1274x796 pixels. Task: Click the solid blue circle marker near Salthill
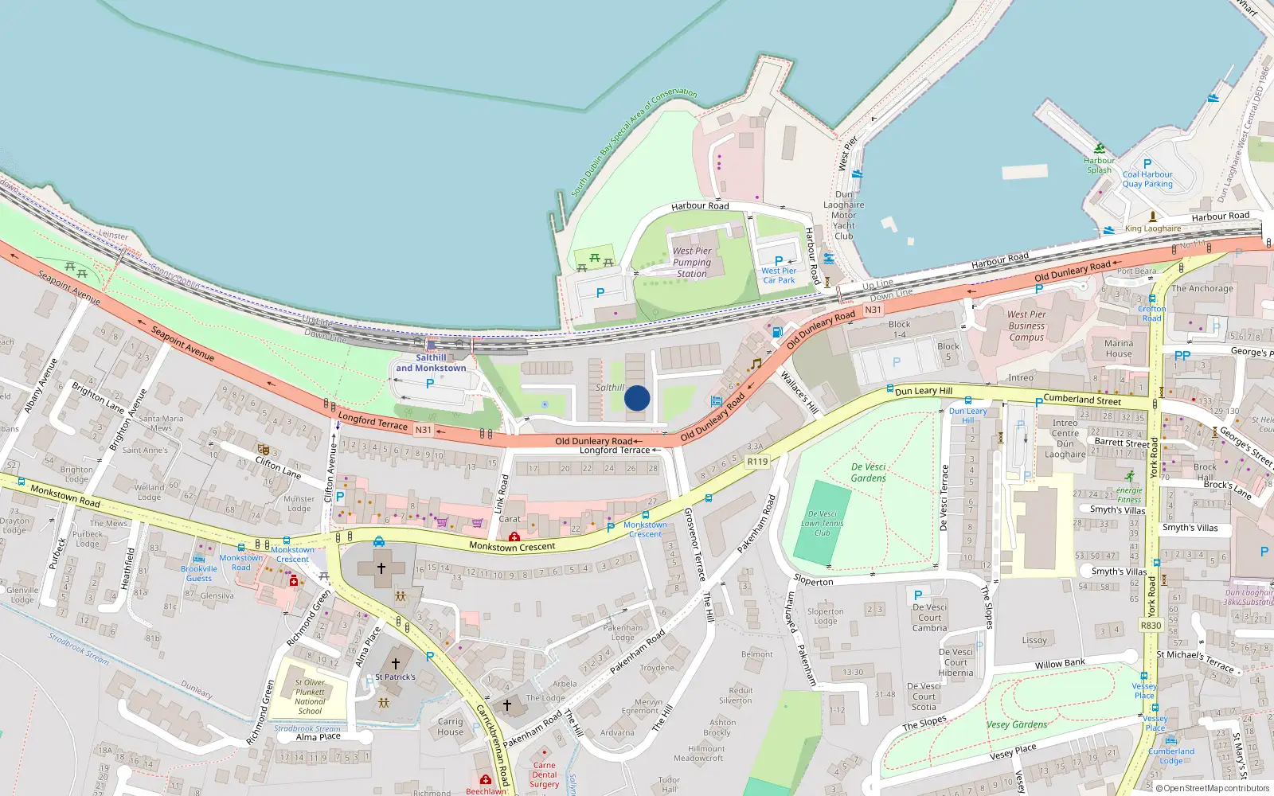[637, 398]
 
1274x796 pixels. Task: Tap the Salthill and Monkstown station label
[431, 363]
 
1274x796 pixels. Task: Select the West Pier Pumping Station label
[692, 262]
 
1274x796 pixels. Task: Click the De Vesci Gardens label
[868, 473]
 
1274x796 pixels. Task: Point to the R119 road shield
[757, 462]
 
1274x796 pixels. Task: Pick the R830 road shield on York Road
[1151, 626]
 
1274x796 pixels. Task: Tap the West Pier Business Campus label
[1026, 326]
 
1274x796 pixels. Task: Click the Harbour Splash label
[1099, 165]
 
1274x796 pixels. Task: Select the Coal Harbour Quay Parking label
[1147, 179]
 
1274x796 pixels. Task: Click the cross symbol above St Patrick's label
[396, 663]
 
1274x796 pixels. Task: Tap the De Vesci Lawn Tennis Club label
[823, 524]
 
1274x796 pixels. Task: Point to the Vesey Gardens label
[1017, 724]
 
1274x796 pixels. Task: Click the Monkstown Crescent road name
[512, 547]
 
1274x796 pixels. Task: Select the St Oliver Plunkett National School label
[310, 696]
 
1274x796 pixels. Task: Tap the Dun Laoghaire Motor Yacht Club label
[843, 215]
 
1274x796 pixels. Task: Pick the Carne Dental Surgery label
[545, 775]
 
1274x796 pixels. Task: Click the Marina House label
[1118, 349]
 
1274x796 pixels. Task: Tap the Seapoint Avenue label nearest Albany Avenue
[70, 287]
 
